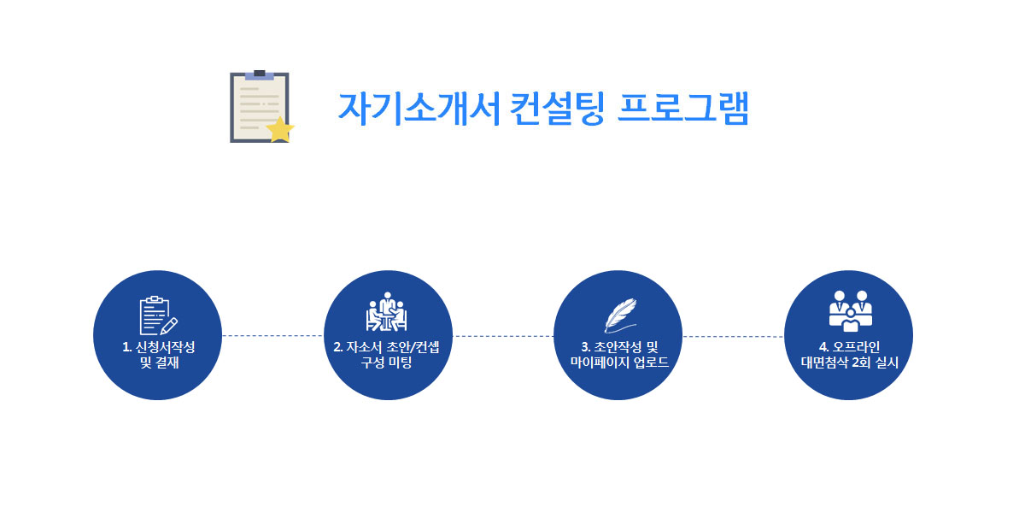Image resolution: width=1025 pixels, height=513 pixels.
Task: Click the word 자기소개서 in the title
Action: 419,109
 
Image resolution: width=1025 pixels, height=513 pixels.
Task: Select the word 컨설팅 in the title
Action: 557,109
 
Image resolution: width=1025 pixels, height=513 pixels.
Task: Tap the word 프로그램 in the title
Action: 683,109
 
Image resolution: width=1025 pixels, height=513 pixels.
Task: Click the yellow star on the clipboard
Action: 280,130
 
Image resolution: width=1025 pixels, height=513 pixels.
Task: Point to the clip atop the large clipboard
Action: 260,75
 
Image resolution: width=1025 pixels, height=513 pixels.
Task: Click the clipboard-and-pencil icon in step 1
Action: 158,315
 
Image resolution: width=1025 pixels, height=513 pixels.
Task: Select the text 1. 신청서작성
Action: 158,347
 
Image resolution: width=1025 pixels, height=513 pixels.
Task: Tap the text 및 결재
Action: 159,363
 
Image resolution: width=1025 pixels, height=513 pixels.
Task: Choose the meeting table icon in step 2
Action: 387,311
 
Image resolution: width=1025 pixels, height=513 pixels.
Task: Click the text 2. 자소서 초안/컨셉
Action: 386,347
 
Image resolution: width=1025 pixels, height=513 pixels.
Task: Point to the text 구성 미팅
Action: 386,363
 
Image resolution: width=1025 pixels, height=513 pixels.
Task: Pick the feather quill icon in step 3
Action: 620,315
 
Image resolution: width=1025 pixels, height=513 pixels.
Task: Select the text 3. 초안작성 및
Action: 619,347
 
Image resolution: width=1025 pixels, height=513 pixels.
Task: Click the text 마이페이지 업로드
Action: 619,363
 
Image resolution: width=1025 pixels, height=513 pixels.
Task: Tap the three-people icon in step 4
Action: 850,311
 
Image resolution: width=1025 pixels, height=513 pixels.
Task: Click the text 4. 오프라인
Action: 849,347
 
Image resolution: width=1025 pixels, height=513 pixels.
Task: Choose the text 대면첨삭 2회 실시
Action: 849,363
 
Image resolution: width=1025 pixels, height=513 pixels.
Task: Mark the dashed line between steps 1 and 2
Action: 272,336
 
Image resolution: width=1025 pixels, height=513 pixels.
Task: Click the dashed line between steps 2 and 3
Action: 503,336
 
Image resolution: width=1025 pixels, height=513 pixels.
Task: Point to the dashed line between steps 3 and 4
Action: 733,337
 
